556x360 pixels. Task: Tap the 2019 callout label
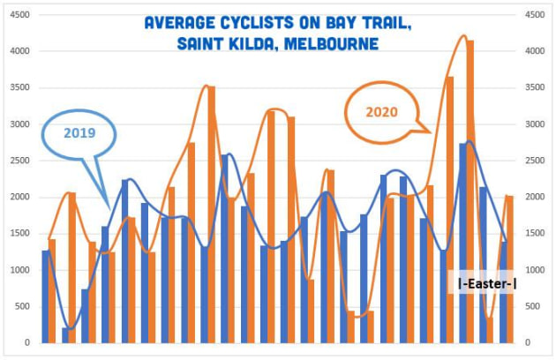tap(79, 133)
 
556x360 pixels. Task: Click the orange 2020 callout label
tap(381, 112)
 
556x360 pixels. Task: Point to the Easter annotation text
tap(487, 283)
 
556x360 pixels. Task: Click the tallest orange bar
tap(470, 191)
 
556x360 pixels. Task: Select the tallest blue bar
tap(463, 243)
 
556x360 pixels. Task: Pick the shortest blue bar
tap(65, 335)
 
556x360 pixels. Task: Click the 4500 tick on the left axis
tap(19, 15)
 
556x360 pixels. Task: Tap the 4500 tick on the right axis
tap(535, 15)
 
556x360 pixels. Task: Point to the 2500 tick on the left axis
tap(19, 161)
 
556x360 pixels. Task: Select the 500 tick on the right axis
tap(532, 306)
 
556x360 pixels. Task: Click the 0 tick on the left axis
tap(27, 342)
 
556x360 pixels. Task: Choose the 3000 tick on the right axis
tap(535, 124)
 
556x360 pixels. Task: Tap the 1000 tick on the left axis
tap(19, 270)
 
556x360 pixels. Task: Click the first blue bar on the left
tap(45, 296)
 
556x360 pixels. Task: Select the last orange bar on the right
tap(510, 269)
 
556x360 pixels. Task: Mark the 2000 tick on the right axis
tap(535, 197)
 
